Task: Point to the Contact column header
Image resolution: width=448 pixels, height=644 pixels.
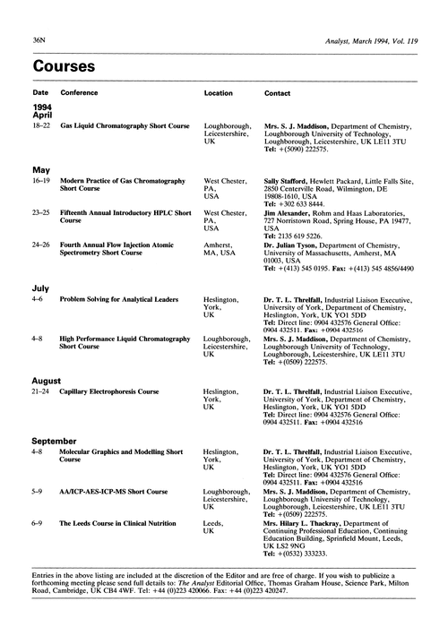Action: (277, 93)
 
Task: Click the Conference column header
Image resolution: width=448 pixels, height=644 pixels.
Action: (80, 93)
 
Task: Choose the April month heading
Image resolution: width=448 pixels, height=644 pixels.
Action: (45, 116)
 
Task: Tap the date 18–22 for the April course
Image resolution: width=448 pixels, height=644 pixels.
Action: (42, 127)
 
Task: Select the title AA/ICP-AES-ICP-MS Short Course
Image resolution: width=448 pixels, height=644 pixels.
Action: (114, 492)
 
